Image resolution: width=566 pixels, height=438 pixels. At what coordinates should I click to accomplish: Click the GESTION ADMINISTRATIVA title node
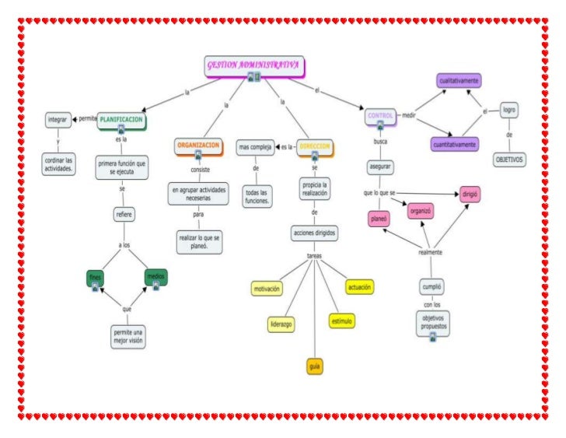[254, 66]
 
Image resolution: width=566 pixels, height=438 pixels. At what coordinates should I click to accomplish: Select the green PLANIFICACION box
[121, 121]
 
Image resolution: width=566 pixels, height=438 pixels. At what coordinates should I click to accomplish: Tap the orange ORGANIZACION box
[198, 145]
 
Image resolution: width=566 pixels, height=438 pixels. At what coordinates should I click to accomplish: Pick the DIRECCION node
[315, 146]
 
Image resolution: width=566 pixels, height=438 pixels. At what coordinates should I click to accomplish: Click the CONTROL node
[380, 116]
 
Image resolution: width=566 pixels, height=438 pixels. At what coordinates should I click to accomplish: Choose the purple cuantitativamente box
[455, 144]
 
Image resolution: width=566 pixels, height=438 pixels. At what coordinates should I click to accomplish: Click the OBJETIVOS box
[509, 159]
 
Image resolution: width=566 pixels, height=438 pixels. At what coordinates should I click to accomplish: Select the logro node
[509, 110]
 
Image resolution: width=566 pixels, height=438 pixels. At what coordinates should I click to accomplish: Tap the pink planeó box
[379, 219]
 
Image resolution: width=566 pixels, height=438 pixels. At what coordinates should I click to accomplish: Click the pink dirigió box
[470, 193]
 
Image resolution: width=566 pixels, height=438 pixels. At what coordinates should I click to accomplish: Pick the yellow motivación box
[267, 289]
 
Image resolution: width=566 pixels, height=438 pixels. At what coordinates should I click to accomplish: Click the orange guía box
[315, 366]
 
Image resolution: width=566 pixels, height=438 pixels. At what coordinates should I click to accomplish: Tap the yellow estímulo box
[342, 320]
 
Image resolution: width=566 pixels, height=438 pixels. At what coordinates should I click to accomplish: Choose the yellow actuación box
[359, 287]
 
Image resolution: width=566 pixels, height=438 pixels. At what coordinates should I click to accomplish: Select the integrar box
[58, 120]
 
